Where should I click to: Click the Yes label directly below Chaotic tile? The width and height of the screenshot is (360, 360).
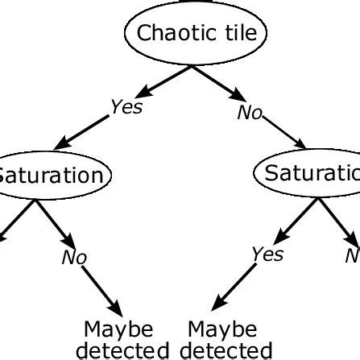126,107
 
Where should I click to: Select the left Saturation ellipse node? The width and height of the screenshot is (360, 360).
52,175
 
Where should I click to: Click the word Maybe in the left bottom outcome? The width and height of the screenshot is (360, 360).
118,330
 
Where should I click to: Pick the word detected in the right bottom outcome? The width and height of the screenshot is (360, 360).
226,350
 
